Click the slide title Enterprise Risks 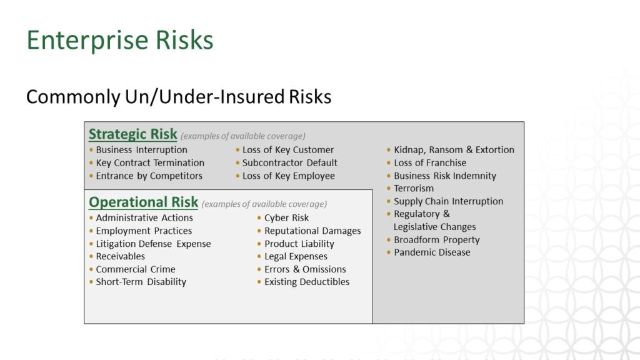(120, 41)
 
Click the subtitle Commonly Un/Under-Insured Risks (179, 97)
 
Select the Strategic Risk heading (133, 134)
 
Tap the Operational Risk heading (143, 202)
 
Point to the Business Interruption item (142, 150)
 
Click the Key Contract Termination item (150, 163)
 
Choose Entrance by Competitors (149, 176)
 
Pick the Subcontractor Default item (290, 163)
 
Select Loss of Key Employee (289, 176)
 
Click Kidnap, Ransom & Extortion (454, 150)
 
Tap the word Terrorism (414, 188)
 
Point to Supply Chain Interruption (449, 201)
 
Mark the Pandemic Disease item (432, 252)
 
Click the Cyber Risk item (286, 218)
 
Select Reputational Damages (312, 231)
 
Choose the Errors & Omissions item (305, 269)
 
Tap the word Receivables (121, 256)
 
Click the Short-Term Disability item (141, 282)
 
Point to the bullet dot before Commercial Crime (91, 269)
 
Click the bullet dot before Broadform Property (389, 239)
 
